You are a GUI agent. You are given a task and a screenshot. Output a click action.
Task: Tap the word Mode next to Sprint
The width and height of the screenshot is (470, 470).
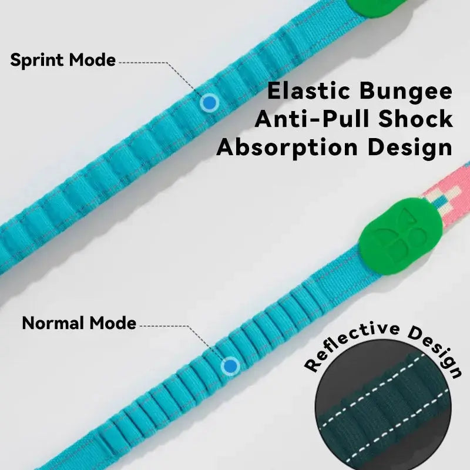92,60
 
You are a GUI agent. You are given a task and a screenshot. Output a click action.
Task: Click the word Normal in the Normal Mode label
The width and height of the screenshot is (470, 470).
53,323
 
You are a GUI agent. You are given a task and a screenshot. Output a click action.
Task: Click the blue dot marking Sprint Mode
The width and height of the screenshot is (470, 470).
209,103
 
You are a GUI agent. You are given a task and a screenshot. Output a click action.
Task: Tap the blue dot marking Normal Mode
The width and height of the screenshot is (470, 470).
230,366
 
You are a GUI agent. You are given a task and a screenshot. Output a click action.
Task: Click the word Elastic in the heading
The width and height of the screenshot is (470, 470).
305,92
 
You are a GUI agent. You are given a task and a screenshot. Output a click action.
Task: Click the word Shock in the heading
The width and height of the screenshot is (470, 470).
417,120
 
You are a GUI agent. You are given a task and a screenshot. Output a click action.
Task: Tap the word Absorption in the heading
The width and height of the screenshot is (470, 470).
293,147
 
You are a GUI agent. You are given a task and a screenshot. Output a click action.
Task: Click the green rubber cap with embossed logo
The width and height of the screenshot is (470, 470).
391,231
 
